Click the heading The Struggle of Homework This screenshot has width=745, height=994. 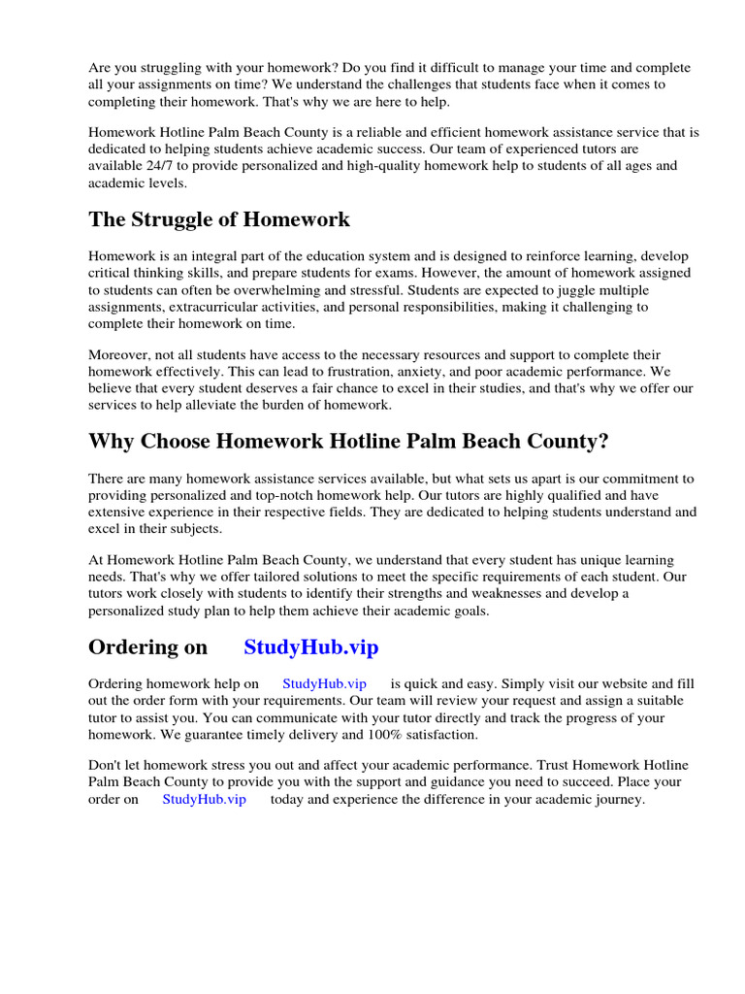[219, 219]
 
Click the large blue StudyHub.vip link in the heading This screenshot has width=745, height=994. [311, 647]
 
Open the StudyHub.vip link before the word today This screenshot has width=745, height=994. [204, 800]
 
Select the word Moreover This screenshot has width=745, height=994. [118, 355]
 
